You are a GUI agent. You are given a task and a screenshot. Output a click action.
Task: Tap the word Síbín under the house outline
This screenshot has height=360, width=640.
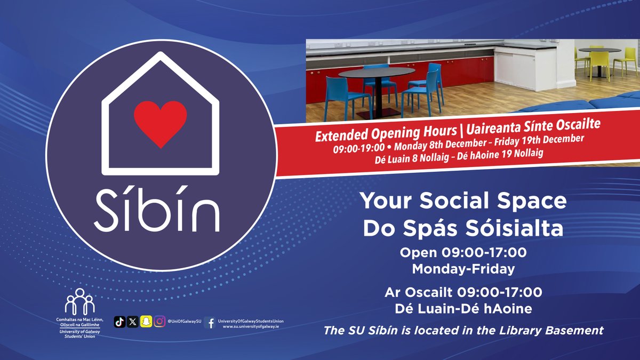(x=157, y=208)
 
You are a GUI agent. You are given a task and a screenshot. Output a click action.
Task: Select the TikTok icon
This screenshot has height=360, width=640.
(x=120, y=322)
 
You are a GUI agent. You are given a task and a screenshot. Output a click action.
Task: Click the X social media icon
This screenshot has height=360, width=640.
(x=133, y=322)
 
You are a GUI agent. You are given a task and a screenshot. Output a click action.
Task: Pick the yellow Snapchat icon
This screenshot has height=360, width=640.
(x=146, y=322)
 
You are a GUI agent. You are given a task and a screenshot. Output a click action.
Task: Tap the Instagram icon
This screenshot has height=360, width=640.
(x=159, y=322)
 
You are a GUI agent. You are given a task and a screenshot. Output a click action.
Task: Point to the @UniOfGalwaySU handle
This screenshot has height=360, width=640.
(x=184, y=322)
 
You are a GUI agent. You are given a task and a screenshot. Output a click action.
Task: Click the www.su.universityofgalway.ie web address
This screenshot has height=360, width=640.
(x=251, y=326)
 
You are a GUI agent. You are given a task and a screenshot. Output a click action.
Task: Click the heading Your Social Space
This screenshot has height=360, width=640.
(x=463, y=201)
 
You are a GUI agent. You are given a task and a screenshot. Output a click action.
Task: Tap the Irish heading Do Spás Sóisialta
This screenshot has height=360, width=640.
(x=463, y=228)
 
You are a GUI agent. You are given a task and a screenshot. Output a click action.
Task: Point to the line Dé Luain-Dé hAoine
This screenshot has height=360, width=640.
(x=463, y=308)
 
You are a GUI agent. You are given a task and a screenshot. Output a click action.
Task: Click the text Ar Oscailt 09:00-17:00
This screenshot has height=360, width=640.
(x=463, y=292)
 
